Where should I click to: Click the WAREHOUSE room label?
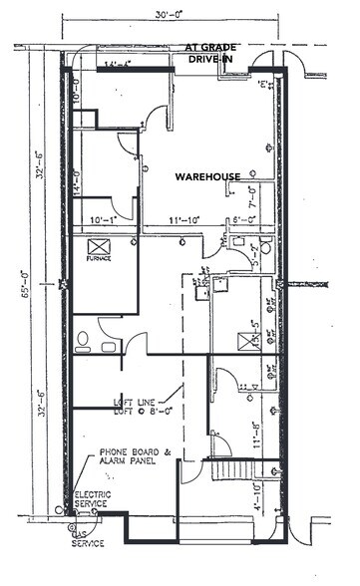[207, 176]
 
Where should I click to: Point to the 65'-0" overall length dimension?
[15, 283]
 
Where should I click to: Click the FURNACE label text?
[98, 258]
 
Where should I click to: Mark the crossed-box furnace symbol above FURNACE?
[98, 245]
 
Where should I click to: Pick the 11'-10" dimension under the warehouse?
[185, 219]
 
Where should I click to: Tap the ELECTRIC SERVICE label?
[92, 498]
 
